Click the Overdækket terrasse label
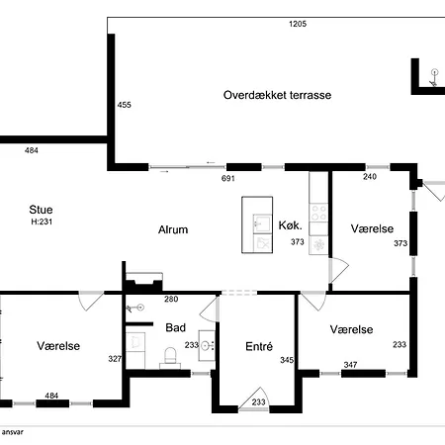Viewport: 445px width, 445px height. (x=277, y=95)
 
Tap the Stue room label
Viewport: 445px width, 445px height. (x=41, y=210)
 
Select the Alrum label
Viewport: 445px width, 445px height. (x=173, y=229)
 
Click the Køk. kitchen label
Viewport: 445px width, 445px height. (x=290, y=225)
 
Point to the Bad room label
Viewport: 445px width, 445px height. (x=176, y=327)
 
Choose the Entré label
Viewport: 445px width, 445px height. (x=259, y=346)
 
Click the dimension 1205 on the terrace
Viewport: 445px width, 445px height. (x=298, y=24)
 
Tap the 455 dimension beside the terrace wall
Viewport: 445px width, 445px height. (x=125, y=105)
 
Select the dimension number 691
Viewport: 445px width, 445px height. (x=228, y=178)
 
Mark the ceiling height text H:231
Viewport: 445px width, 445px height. (x=42, y=222)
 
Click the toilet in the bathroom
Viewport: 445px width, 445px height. (x=170, y=358)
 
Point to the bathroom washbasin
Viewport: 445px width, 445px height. (x=207, y=345)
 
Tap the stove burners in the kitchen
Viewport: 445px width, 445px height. (x=318, y=213)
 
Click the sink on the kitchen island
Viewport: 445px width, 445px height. (x=262, y=223)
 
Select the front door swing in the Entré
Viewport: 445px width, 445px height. (x=254, y=399)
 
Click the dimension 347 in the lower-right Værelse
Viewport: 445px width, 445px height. (x=350, y=365)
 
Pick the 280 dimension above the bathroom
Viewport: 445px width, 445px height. (x=171, y=299)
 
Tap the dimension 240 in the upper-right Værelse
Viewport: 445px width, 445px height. (x=370, y=177)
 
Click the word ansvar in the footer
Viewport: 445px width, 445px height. (x=13, y=432)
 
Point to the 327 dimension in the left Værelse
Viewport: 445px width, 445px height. (x=115, y=359)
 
